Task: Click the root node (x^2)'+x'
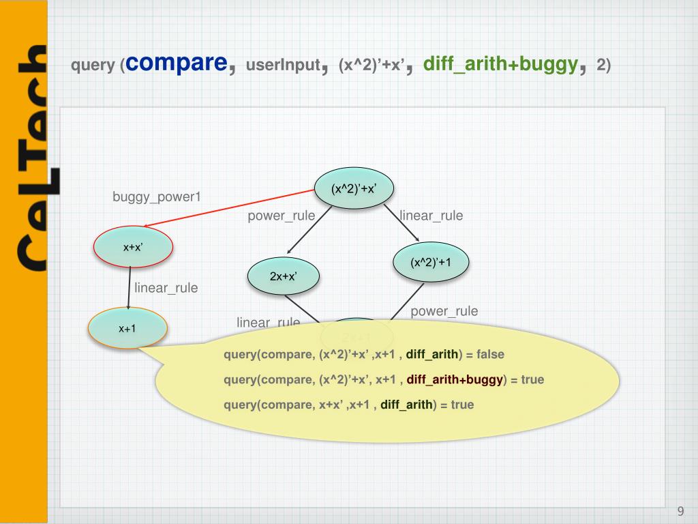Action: coord(354,189)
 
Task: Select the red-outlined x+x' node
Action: coord(133,248)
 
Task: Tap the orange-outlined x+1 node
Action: coord(127,328)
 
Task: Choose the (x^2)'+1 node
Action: coord(431,261)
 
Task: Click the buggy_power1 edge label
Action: coord(157,198)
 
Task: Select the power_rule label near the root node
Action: coord(281,216)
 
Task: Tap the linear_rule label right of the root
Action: coord(431,216)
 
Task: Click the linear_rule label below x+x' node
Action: coord(166,288)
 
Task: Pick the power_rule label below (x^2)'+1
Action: coord(444,311)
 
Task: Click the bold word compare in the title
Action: coord(177,63)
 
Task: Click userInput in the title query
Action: coord(283,65)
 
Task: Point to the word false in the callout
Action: coord(490,354)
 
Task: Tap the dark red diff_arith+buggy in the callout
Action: coord(455,379)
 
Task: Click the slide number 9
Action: coord(680,511)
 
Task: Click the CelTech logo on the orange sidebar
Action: coord(31,157)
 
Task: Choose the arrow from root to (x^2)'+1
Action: coord(402,222)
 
